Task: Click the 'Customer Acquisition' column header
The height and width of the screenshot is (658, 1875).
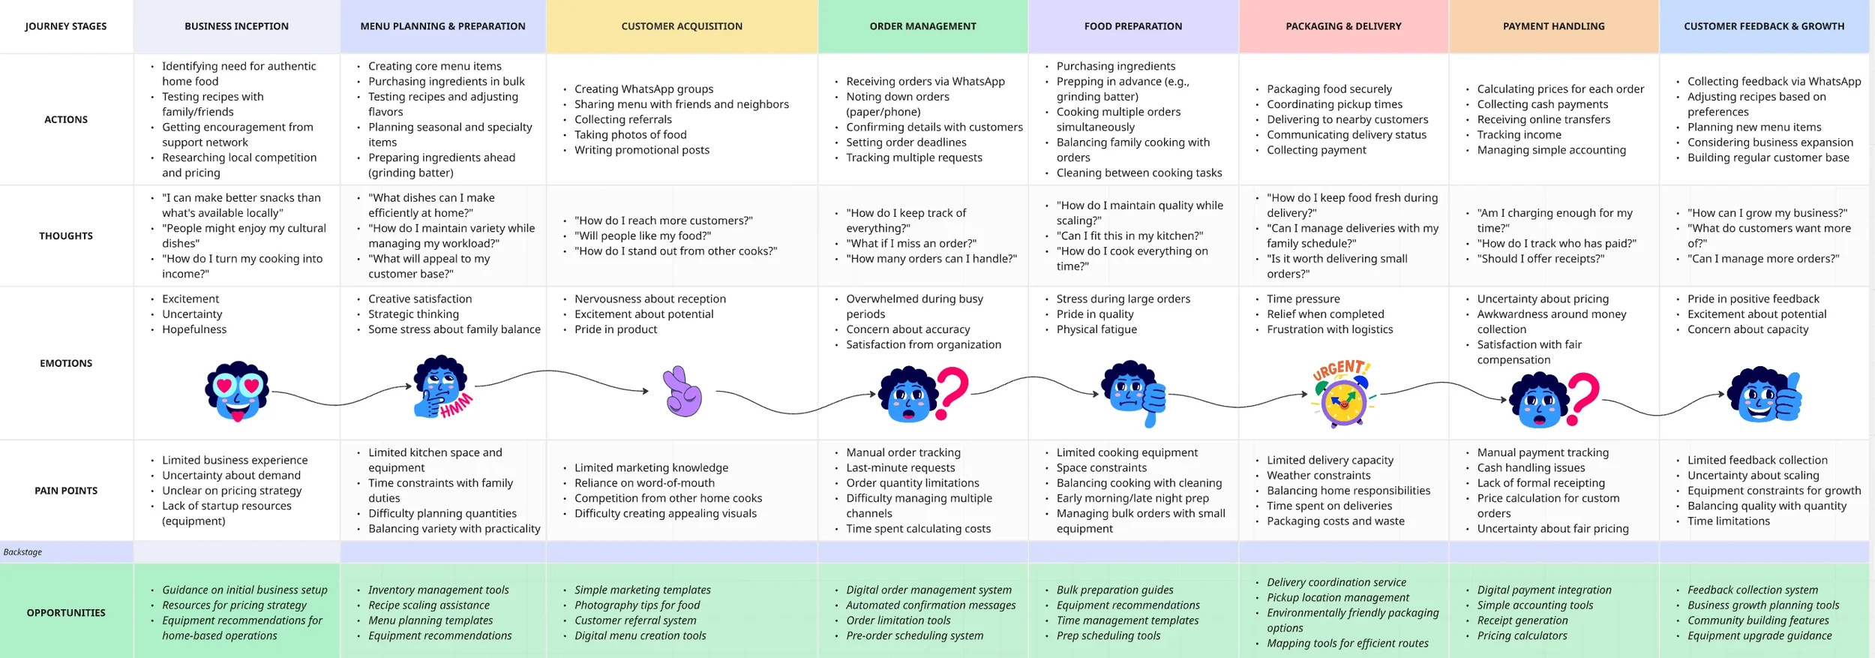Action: point(681,26)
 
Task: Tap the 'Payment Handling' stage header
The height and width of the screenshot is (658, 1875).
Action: point(1553,26)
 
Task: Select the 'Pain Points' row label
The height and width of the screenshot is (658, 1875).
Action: point(66,491)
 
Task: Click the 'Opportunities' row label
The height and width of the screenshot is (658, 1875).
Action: point(66,613)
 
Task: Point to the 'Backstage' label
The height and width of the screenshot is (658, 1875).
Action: point(22,552)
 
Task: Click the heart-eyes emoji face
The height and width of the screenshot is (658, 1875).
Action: point(237,392)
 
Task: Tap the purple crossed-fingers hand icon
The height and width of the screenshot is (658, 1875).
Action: point(682,392)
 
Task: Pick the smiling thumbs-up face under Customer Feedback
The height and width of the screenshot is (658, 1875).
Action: point(1764,395)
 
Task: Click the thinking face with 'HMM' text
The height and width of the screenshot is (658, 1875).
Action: point(443,388)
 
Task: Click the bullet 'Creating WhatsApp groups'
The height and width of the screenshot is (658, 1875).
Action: point(643,89)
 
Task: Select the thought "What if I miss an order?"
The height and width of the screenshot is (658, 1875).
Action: point(910,244)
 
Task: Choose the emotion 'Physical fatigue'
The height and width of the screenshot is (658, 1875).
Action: point(1096,329)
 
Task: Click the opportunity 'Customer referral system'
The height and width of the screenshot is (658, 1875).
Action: point(635,620)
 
